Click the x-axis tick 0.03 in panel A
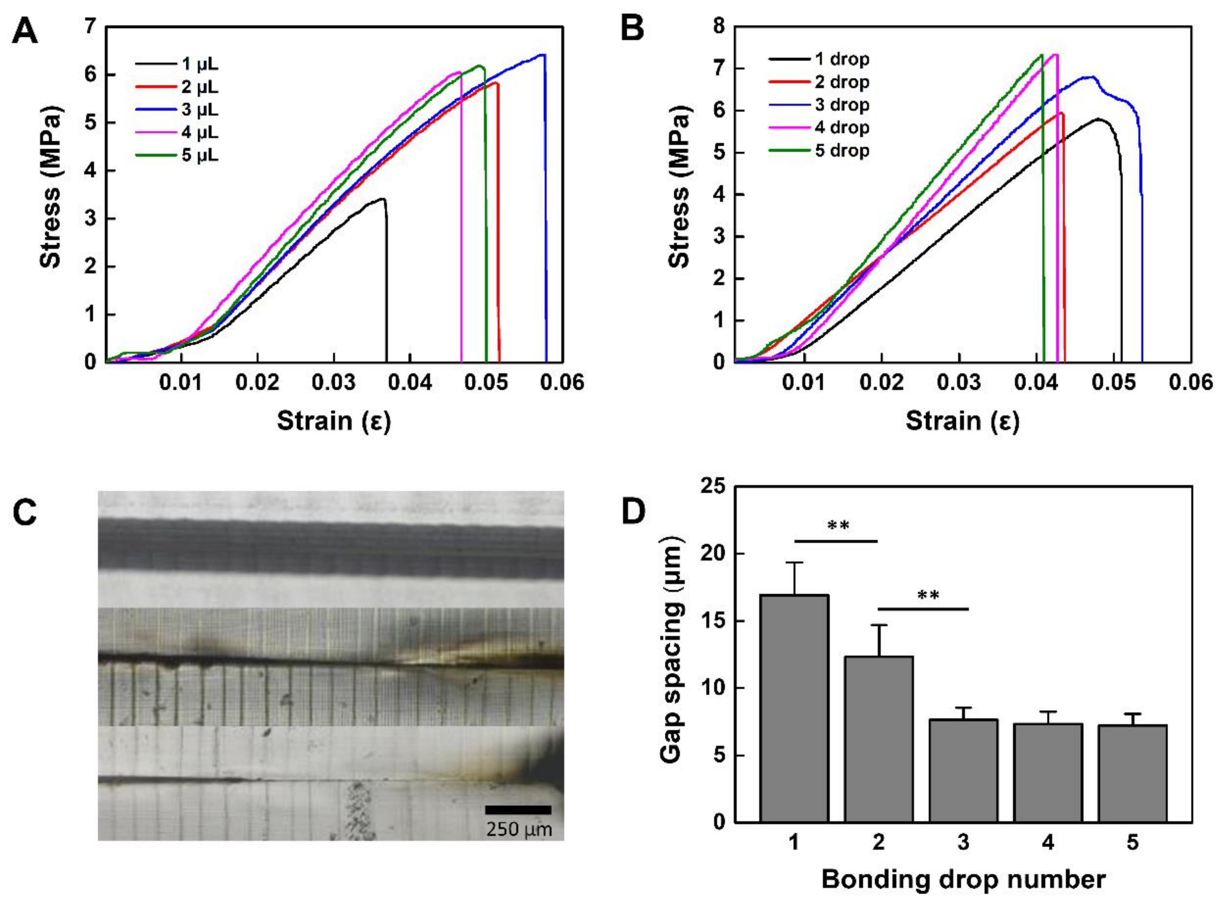tap(334, 382)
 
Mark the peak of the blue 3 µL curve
tap(543, 55)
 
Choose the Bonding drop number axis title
tap(963, 880)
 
